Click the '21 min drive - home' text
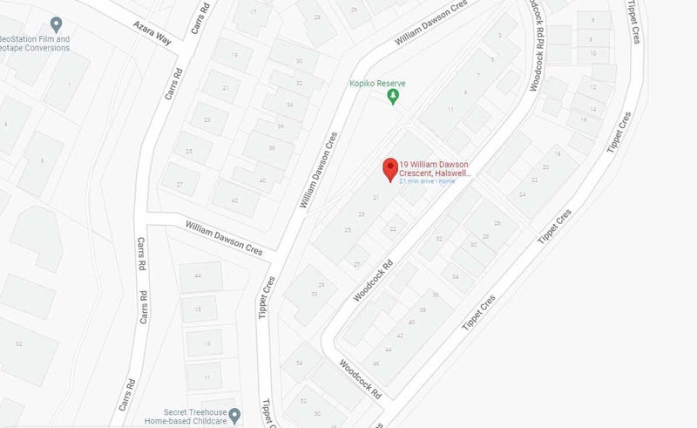coord(427,181)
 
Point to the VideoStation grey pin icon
coord(56,24)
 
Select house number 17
coord(254,12)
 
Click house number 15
coord(200,309)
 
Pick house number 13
coord(206,343)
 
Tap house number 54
coord(299,363)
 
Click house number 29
coord(321,285)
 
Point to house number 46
coord(376,363)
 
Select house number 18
coord(557,153)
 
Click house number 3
coord(499,35)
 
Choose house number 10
coord(592,52)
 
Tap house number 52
coord(303,401)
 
